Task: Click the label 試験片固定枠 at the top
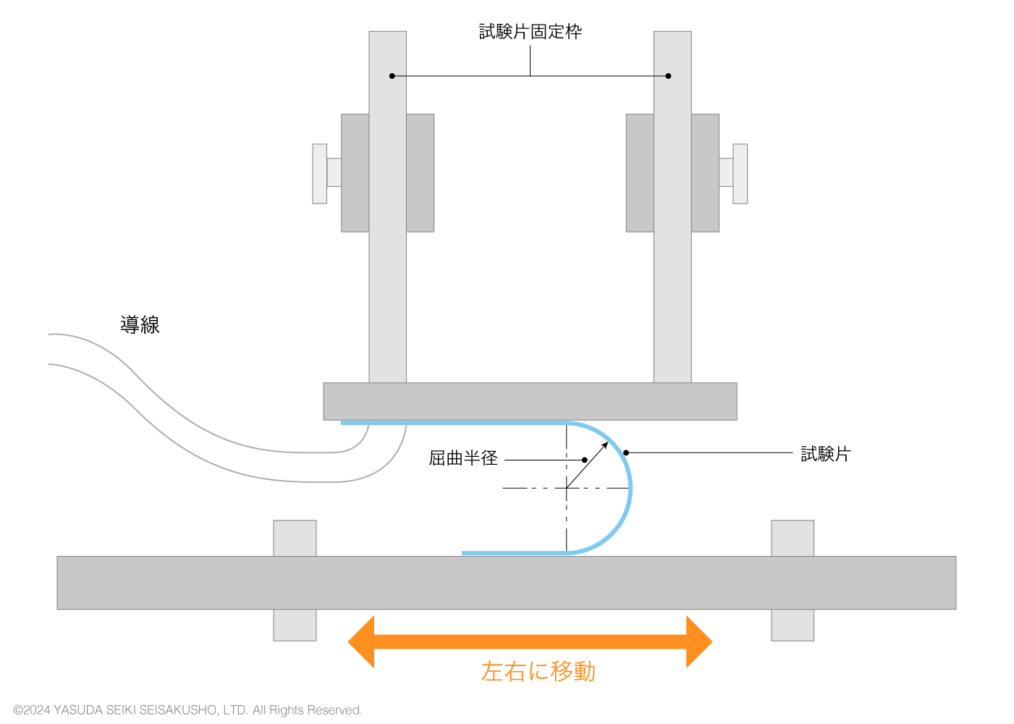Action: [530, 32]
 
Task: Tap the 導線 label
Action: [140, 325]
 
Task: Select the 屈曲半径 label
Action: [463, 458]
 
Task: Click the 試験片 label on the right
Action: [825, 454]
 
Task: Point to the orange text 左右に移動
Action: [538, 672]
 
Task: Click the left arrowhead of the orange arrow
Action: [362, 641]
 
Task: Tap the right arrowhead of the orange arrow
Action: [698, 641]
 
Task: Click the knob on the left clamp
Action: [320, 174]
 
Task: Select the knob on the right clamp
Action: [740, 174]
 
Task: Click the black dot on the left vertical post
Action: [392, 76]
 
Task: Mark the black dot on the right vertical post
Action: [668, 76]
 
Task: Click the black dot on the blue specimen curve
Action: [626, 453]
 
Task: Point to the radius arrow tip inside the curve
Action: [607, 443]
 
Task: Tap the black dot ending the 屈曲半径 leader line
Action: [585, 460]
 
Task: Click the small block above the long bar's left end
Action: [295, 538]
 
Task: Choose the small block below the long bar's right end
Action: [793, 625]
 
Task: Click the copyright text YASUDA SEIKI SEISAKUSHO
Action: [187, 710]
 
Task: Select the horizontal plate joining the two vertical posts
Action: [530, 401]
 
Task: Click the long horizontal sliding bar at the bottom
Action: [507, 583]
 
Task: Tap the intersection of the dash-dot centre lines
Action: [567, 488]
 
